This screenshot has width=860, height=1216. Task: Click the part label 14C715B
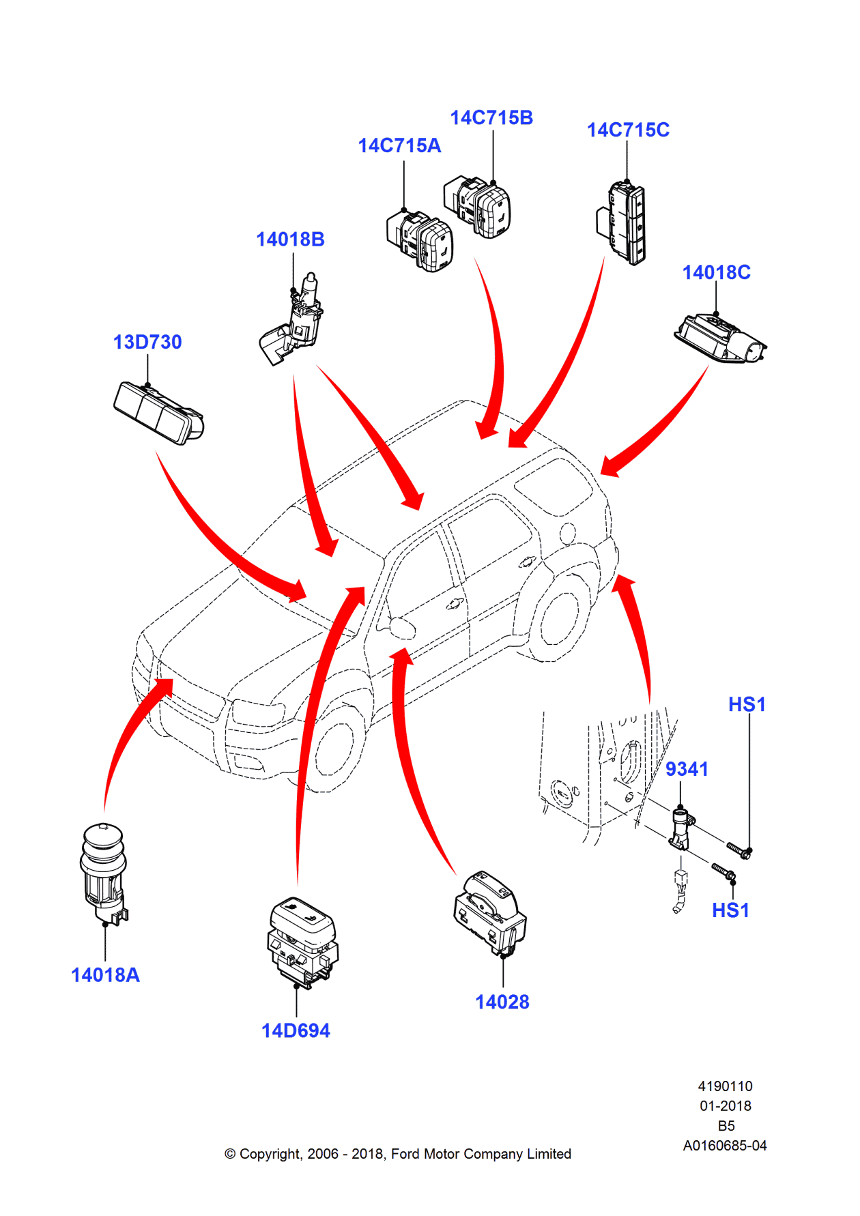(491, 118)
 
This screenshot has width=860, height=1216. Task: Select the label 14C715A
(399, 146)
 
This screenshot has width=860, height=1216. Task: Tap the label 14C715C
(628, 130)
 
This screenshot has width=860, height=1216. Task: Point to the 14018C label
(716, 273)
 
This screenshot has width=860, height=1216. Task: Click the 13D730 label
(147, 343)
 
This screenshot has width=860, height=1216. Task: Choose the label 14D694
(296, 1031)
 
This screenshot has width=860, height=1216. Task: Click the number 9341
(687, 770)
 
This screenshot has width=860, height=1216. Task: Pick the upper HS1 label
(747, 705)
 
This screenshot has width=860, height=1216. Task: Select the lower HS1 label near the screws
(730, 911)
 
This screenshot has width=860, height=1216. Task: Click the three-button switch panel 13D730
(158, 414)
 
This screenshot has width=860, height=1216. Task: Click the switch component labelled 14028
(489, 911)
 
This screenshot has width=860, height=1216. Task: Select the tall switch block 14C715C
(625, 222)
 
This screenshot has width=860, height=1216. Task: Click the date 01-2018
(725, 1106)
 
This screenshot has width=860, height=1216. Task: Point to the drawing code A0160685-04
(725, 1146)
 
